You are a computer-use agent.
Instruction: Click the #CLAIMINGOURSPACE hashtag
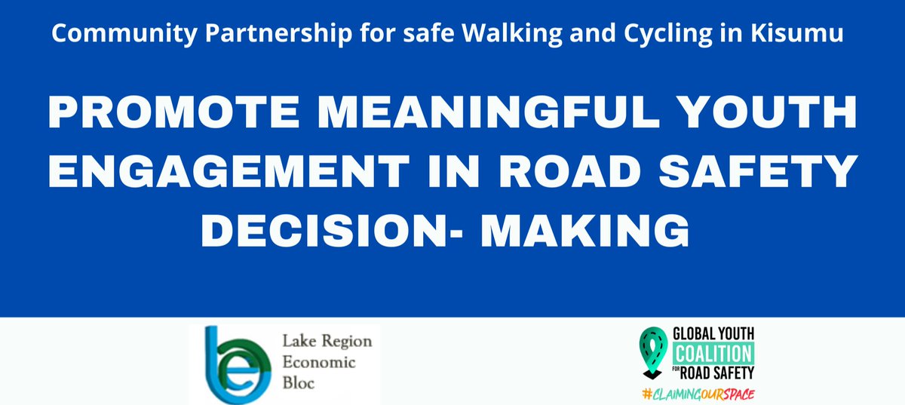699,394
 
